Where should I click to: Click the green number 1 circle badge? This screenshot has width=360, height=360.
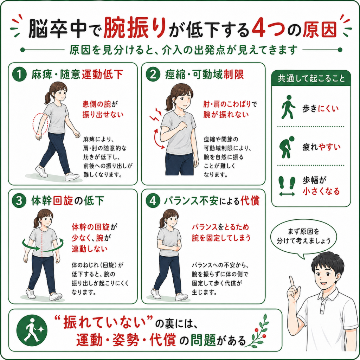pos(20,75)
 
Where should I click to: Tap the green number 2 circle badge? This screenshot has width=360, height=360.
pos(153,75)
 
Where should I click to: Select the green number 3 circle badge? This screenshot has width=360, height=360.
pos(19,201)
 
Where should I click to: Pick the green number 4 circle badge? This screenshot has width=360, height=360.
pos(153,201)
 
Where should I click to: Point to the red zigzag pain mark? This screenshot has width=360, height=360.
pos(155,115)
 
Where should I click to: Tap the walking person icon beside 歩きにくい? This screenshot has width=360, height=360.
pos(288,107)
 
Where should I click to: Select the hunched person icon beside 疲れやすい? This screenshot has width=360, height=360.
pos(287,147)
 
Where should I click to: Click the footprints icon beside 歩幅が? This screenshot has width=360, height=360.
pos(287,186)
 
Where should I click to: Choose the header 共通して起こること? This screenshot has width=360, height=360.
pos(311,78)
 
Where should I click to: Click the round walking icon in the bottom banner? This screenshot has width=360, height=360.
pos(32,330)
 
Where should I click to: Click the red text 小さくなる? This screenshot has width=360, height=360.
pos(321,191)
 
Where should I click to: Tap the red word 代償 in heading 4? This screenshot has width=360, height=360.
pos(250,201)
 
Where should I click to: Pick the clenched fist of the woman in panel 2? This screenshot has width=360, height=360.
pos(183,126)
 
